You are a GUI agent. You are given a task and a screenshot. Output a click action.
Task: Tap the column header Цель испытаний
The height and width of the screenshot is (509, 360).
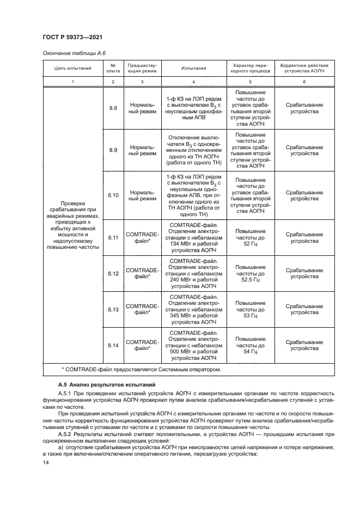pyautogui.click(x=72, y=69)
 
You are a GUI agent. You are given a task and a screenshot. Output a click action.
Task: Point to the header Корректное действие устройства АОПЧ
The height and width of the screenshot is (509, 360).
pyautogui.click(x=304, y=69)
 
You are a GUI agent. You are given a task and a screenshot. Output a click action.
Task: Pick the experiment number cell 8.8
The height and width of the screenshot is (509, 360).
pyautogui.click(x=113, y=109)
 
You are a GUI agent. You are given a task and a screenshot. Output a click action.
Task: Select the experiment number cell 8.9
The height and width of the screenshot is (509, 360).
pyautogui.click(x=113, y=150)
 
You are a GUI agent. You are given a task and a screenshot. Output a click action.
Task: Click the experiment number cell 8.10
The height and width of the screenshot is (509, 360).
pyautogui.click(x=113, y=195)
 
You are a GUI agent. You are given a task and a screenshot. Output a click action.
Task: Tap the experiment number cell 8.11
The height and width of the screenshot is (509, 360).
pyautogui.click(x=113, y=238)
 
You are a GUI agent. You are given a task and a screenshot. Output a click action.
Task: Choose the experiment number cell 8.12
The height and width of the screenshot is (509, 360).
pyautogui.click(x=113, y=273)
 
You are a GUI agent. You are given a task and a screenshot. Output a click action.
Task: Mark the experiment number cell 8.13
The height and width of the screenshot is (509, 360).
pyautogui.click(x=113, y=309)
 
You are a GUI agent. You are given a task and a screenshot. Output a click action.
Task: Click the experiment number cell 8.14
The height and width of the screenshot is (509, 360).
pyautogui.click(x=113, y=345)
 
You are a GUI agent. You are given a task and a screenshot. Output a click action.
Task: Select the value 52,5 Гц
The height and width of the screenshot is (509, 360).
pyautogui.click(x=251, y=280)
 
